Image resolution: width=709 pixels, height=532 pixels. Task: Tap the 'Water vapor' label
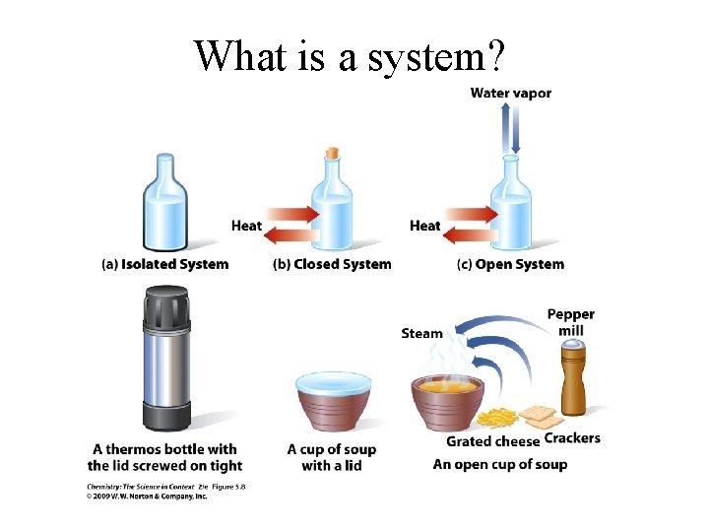[510, 94]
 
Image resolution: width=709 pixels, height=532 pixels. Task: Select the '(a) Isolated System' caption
[165, 264]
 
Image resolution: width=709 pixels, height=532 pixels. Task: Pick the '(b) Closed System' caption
[332, 264]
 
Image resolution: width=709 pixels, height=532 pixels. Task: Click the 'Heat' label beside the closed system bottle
[246, 226]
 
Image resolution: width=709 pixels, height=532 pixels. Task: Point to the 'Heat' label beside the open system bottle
[424, 226]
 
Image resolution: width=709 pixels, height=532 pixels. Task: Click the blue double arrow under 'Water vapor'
[510, 128]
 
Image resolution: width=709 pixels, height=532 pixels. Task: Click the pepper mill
[573, 379]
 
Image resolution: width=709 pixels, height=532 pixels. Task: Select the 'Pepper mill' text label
[571, 322]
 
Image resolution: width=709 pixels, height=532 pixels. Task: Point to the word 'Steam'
[421, 333]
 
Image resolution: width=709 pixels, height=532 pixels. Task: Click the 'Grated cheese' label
[492, 440]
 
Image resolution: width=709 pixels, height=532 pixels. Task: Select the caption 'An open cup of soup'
[500, 464]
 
